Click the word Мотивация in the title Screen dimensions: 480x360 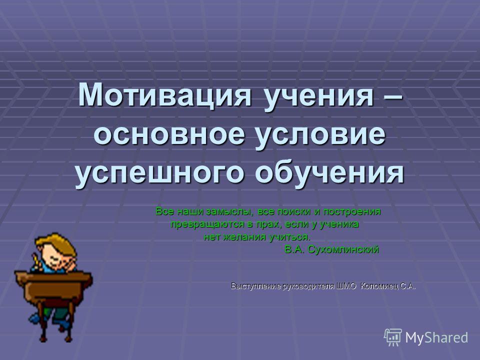(164, 94)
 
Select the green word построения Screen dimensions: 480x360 (352, 212)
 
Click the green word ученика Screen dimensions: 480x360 (339, 224)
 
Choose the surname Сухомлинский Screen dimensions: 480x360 (343, 250)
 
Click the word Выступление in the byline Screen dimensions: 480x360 (256, 286)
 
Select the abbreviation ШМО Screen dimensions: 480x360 (346, 286)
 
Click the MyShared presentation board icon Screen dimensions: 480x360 (393, 337)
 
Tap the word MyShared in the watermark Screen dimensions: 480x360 (437, 338)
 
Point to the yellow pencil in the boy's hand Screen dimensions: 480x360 (36, 261)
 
